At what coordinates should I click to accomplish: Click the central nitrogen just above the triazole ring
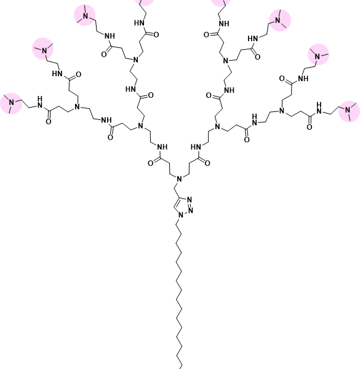pos(180,179)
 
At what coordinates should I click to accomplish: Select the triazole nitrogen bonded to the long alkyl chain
pos(181,215)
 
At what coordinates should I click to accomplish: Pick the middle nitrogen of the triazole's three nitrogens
pos(191,210)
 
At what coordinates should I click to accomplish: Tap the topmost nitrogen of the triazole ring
pos(190,200)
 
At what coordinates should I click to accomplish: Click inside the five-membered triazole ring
pos(183,207)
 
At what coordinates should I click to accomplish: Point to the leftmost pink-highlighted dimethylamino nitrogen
pos(11,103)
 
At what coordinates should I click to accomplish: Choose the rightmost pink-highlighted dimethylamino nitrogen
pos(348,110)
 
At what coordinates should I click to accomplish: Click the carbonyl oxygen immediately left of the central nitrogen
pos(151,163)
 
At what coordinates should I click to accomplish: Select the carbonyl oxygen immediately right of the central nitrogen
pos(207,163)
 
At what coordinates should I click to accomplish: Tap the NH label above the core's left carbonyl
pos(162,147)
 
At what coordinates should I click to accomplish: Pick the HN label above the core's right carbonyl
pos(196,147)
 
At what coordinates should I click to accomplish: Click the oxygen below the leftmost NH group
pos(49,121)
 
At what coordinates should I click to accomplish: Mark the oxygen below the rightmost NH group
pos(310,127)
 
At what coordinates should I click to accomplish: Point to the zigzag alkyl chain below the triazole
pos(179,294)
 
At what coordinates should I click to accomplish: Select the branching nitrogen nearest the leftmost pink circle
pos(77,107)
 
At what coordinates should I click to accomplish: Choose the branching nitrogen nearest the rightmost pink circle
pos(282,111)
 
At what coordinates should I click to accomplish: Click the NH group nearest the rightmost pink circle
pos(319,108)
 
